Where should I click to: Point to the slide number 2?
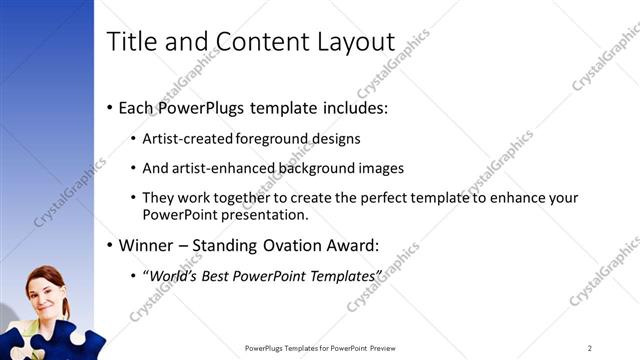point(589,348)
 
